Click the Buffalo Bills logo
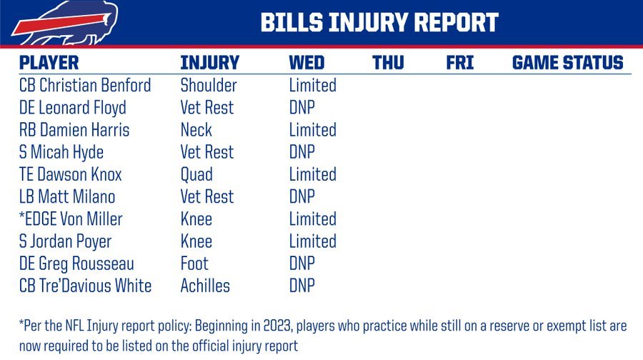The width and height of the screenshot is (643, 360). (x=66, y=23)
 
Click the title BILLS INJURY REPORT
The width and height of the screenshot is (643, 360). (x=380, y=22)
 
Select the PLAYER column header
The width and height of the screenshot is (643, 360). (x=49, y=63)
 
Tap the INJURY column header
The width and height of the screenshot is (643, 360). (x=209, y=63)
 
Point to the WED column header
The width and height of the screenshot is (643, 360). (x=306, y=63)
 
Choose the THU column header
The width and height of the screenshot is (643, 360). (x=388, y=63)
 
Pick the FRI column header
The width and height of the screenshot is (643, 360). (x=459, y=63)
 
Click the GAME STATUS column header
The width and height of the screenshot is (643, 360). (x=567, y=63)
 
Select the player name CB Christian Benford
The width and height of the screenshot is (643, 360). (x=85, y=85)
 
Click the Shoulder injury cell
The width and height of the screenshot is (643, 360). (x=209, y=85)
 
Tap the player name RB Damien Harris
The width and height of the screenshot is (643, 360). (x=74, y=130)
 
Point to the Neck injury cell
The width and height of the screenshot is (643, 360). (x=196, y=130)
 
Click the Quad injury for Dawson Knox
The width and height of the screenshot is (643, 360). (x=196, y=175)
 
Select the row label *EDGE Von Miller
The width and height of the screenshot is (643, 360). (x=71, y=219)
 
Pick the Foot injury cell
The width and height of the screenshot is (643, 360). (x=194, y=264)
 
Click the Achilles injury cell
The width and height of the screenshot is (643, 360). (x=205, y=286)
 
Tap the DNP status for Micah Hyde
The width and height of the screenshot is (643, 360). (x=301, y=152)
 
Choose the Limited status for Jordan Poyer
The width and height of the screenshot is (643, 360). (x=312, y=241)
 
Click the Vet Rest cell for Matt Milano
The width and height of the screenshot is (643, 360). (x=206, y=197)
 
